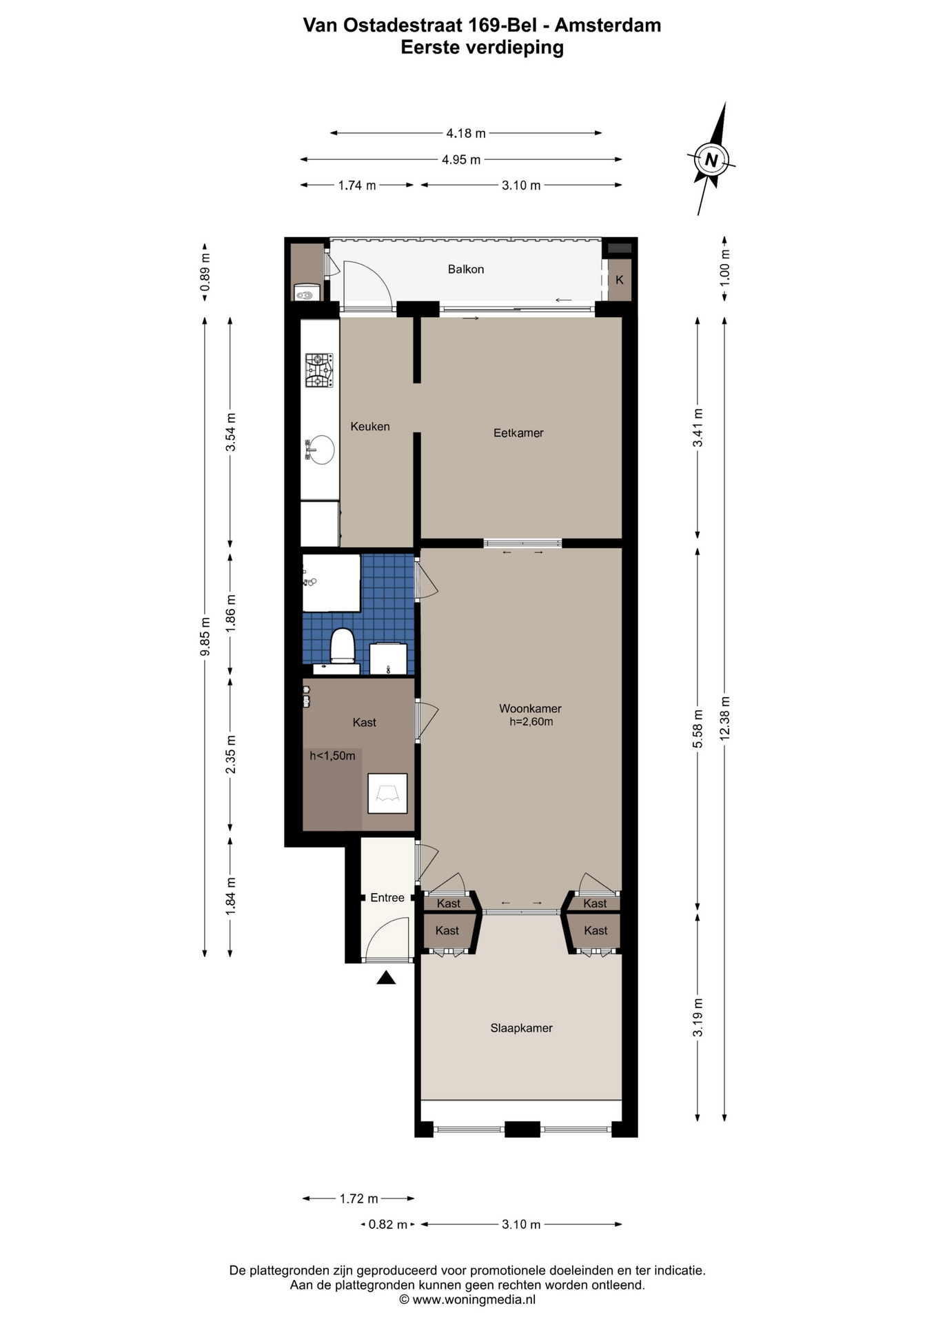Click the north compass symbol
click(711, 160)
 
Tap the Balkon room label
click(466, 270)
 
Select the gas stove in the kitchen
click(319, 370)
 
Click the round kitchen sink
click(321, 450)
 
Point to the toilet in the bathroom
click(342, 646)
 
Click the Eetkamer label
click(518, 433)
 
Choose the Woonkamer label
click(530, 708)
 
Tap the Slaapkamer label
click(521, 1028)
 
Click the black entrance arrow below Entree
click(386, 977)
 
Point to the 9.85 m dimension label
click(205, 636)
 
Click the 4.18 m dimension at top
click(466, 133)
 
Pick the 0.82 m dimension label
click(387, 1225)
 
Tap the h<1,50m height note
click(332, 756)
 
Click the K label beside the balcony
click(620, 280)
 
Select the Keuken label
click(370, 427)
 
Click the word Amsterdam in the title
click(608, 26)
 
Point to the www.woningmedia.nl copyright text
click(467, 1300)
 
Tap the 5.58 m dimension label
click(698, 729)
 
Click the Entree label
click(387, 898)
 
